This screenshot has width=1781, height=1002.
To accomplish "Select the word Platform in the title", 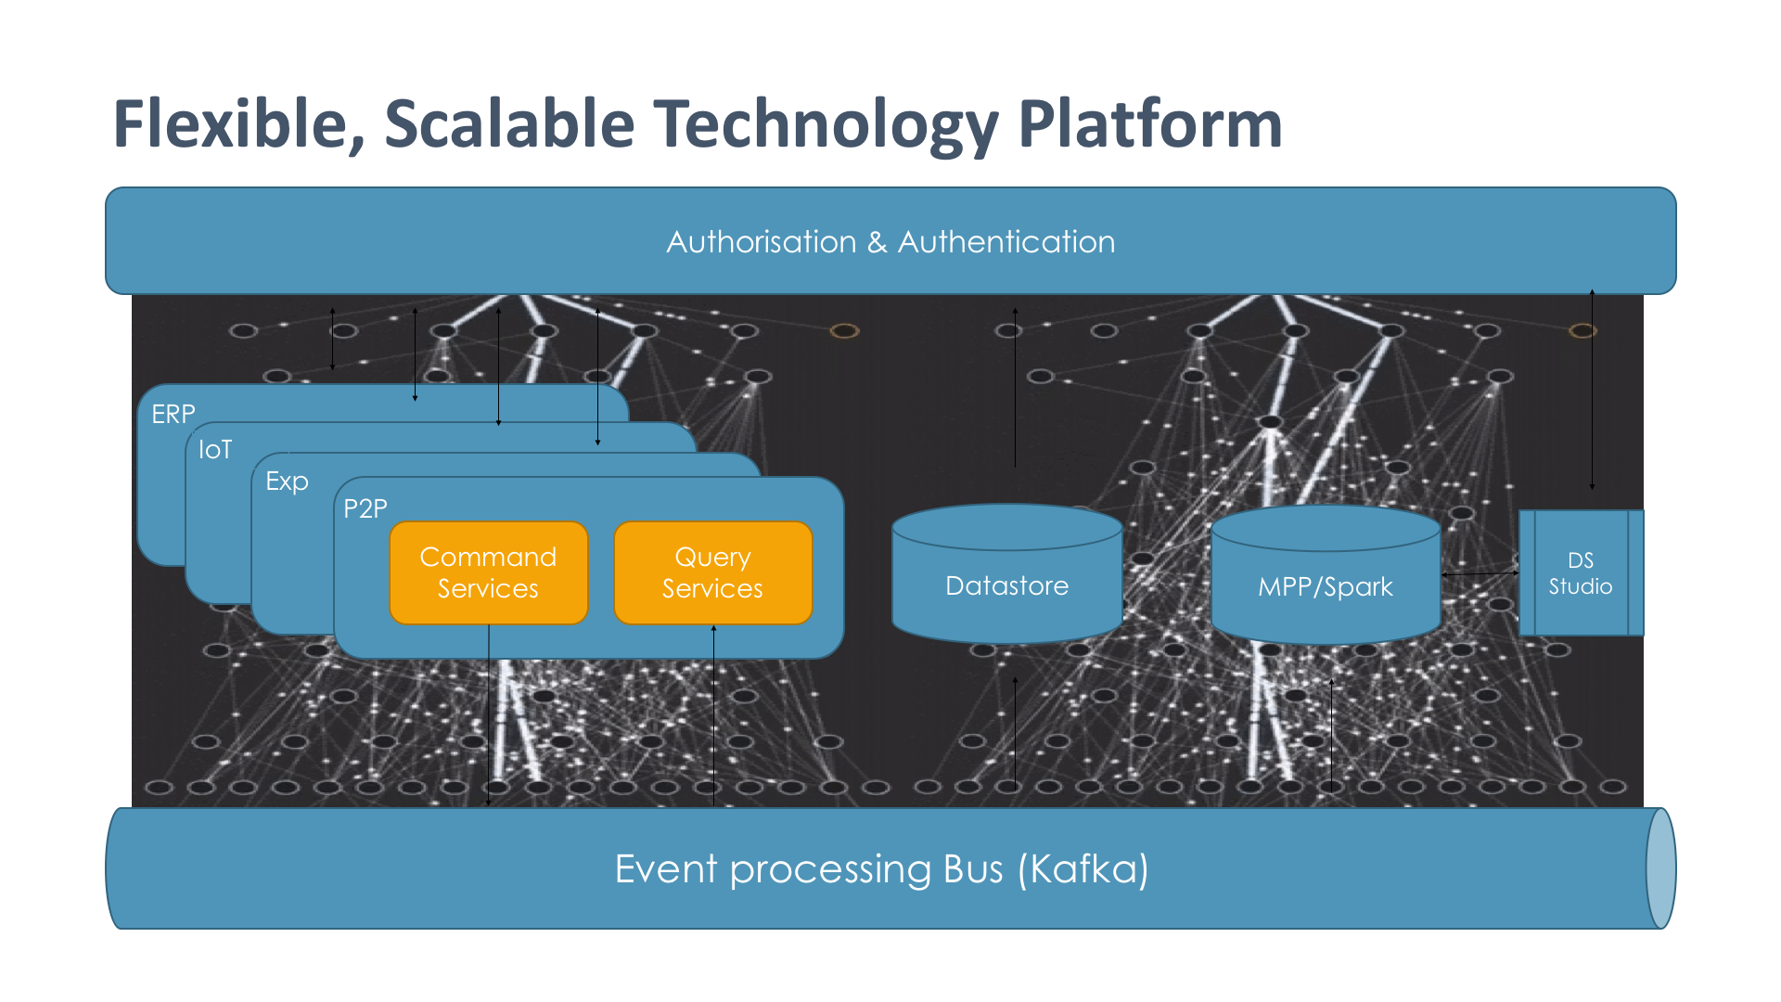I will (1150, 124).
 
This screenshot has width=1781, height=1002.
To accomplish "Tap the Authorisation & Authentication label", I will (890, 242).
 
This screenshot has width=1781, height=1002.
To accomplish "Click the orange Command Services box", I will (489, 572).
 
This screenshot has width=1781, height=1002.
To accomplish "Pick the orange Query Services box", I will (712, 572).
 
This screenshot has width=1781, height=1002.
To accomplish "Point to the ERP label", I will (173, 414).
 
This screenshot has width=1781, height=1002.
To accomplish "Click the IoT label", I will (215, 450).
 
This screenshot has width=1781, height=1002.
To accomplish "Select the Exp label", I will (287, 482).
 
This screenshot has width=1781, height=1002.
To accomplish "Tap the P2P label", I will (365, 508).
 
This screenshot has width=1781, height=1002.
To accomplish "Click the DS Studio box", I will (1581, 573).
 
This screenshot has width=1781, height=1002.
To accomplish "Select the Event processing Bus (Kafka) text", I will (881, 869).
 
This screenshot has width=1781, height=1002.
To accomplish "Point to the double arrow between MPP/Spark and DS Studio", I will (1480, 574).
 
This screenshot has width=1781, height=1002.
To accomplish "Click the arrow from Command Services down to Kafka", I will (489, 714).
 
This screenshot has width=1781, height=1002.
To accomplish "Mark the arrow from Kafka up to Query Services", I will (713, 714).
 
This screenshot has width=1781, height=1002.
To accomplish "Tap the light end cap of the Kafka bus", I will (1660, 868).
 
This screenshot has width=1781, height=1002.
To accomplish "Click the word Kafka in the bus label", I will (1083, 869).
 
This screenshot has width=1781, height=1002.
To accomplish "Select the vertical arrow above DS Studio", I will (1592, 390).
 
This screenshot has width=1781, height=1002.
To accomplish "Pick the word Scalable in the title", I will (509, 124).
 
